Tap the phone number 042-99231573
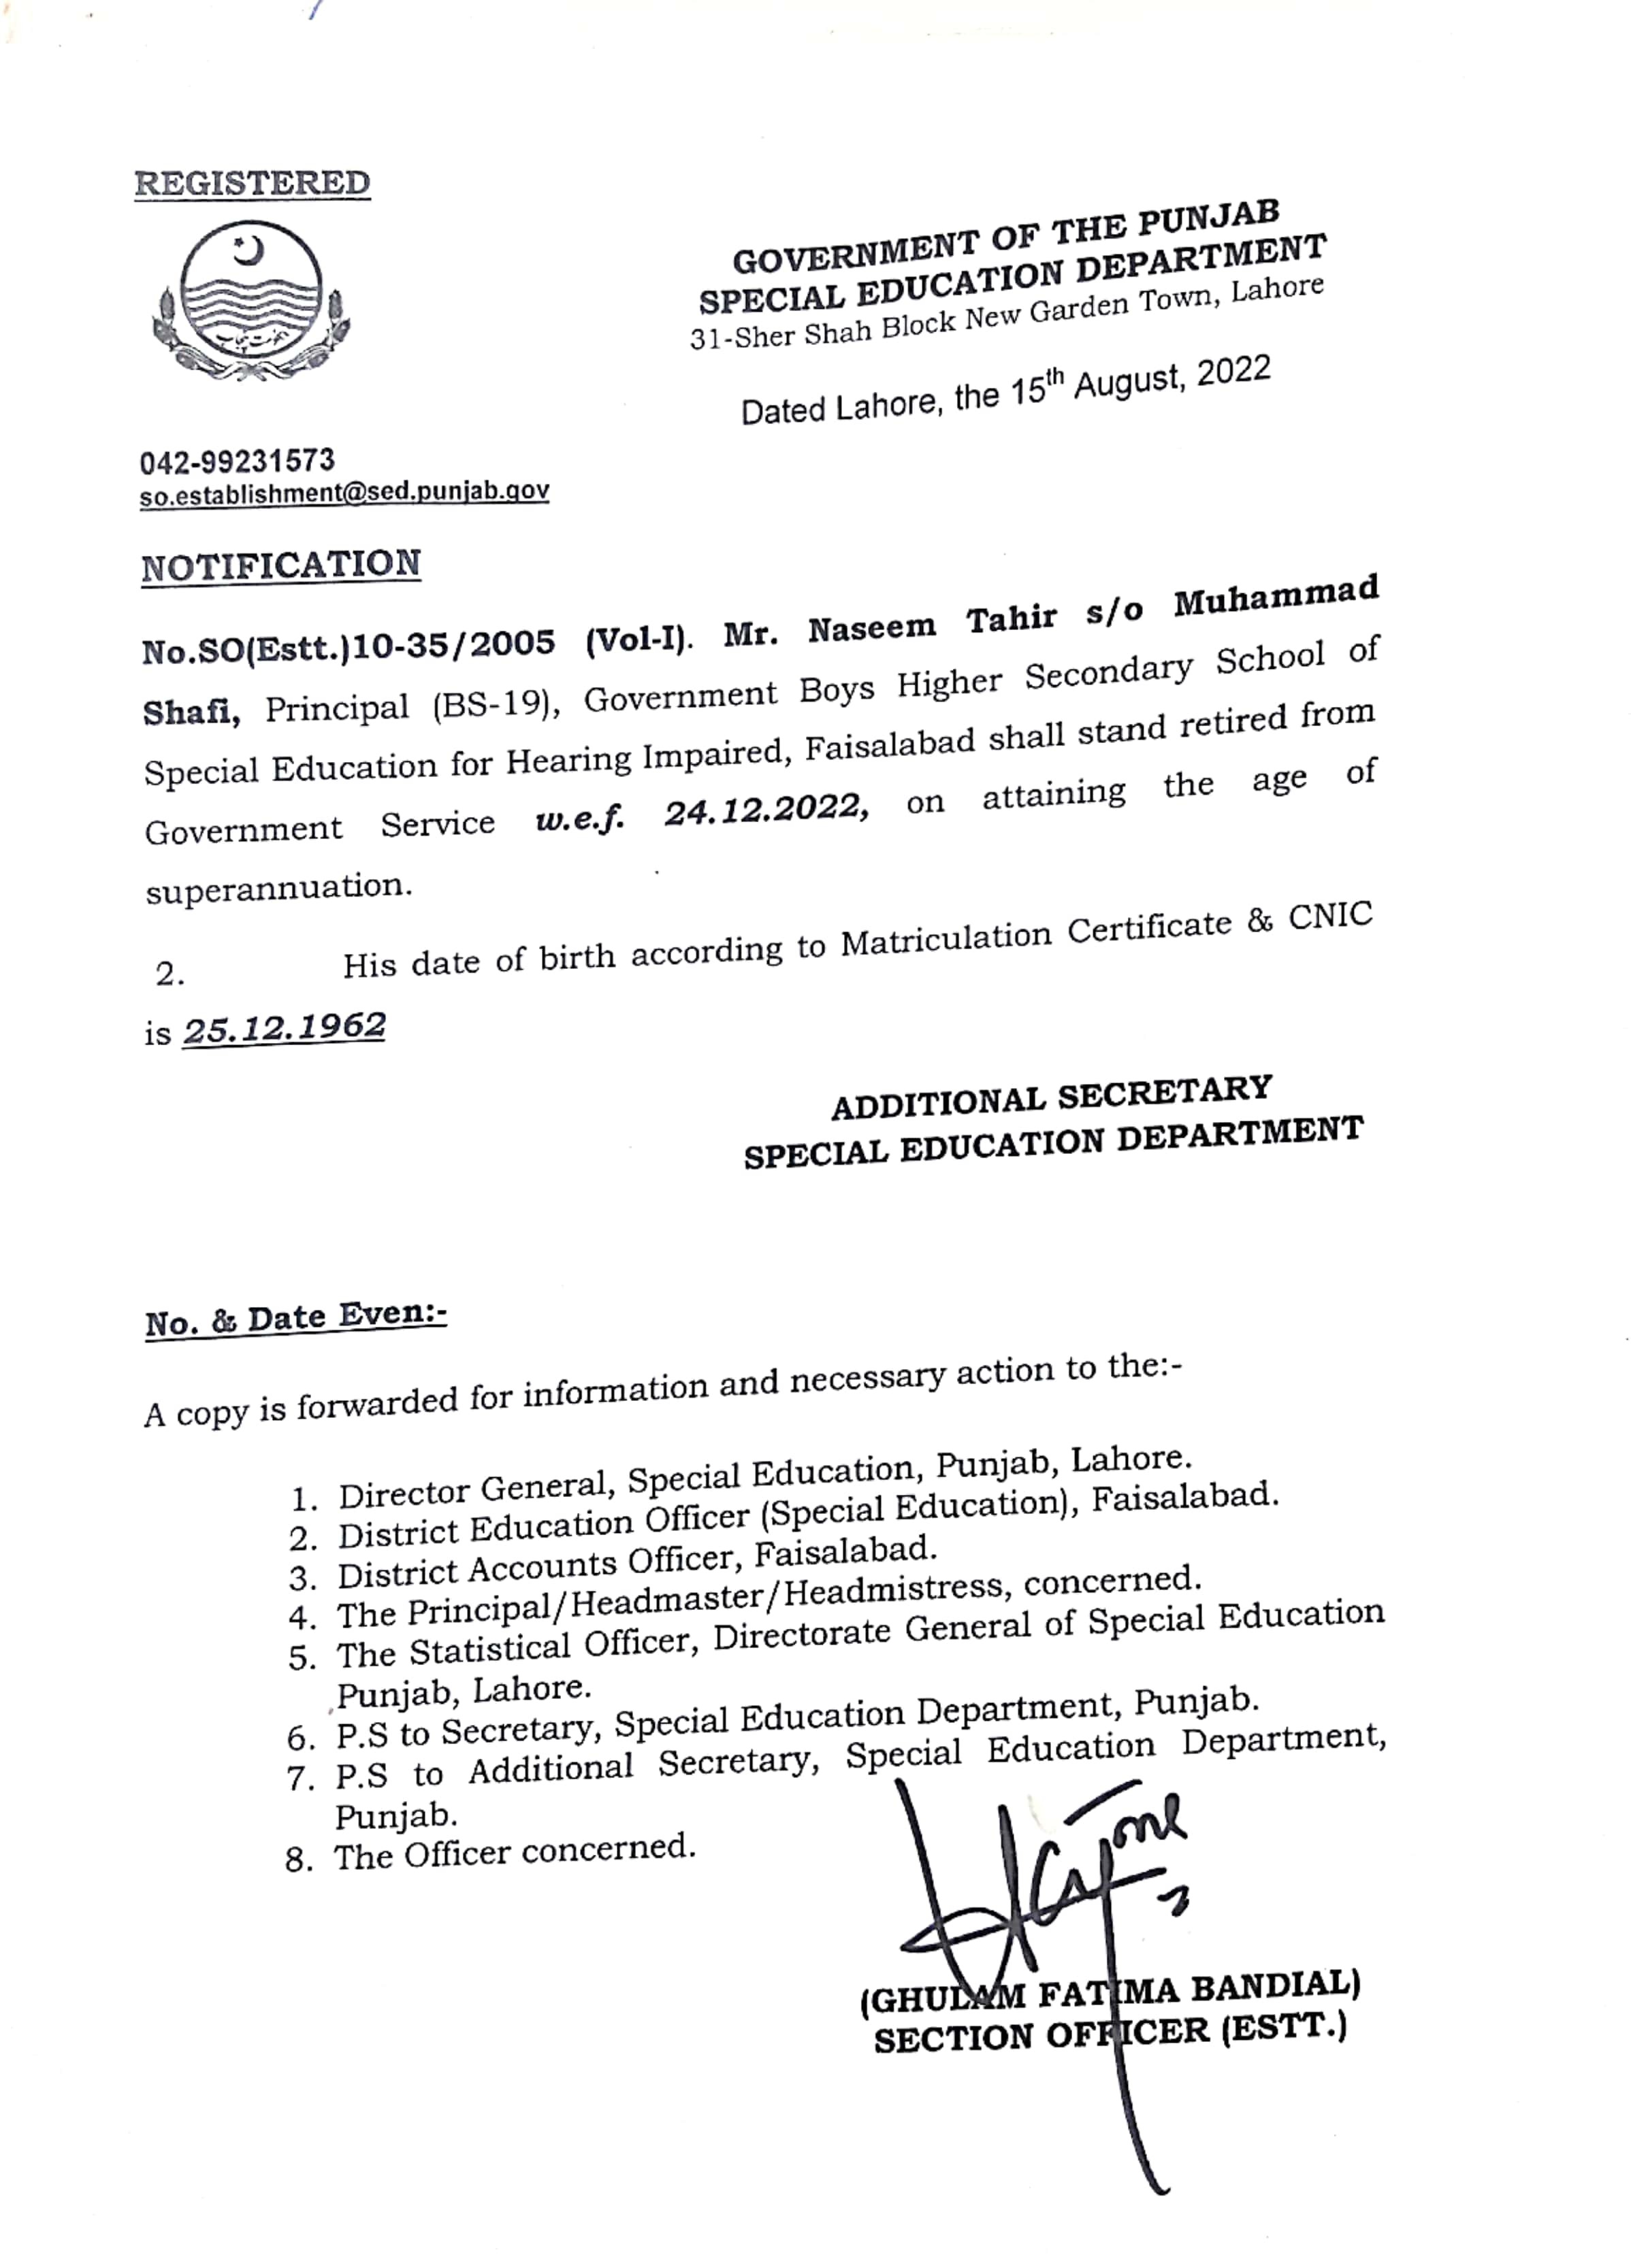click(x=237, y=461)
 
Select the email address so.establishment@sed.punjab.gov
click(x=344, y=492)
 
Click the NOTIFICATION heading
click(x=281, y=565)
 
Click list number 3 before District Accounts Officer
click(x=302, y=1579)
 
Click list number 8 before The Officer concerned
click(x=299, y=1860)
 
